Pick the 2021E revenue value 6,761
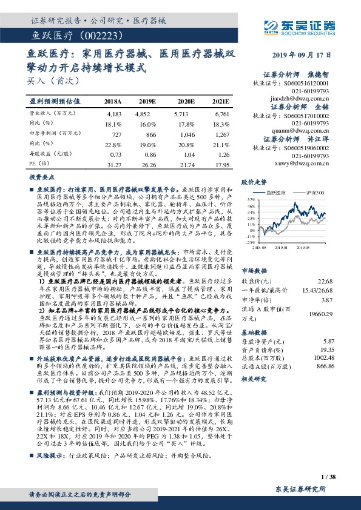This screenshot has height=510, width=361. coord(221,113)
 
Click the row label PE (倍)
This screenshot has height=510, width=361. coord(37,164)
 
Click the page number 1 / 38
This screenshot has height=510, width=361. coord(328,477)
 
